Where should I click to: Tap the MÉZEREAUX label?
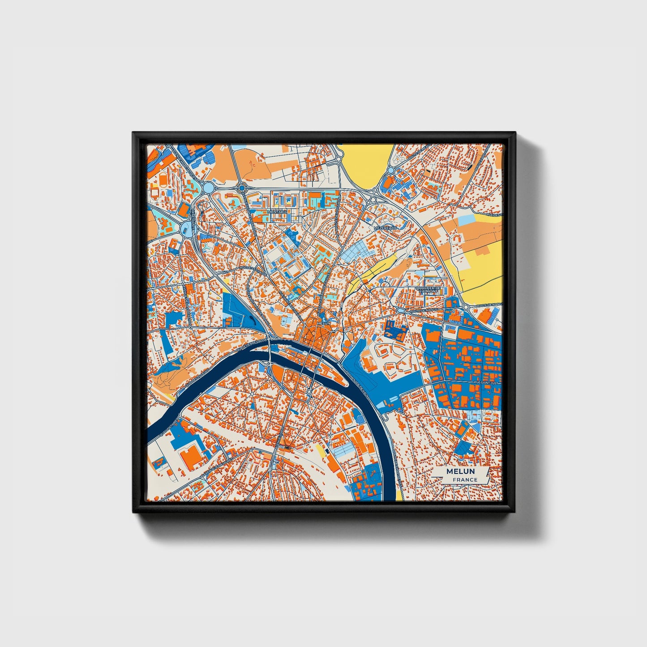click(x=385, y=228)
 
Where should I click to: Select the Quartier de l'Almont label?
click(x=428, y=290)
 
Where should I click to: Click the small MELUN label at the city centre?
click(x=323, y=322)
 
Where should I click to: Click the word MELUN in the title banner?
click(x=461, y=471)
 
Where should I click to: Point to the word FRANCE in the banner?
click(x=465, y=480)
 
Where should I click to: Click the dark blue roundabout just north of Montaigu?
click(x=242, y=189)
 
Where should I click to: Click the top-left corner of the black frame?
click(x=133, y=133)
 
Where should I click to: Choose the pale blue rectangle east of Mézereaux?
click(x=467, y=220)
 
